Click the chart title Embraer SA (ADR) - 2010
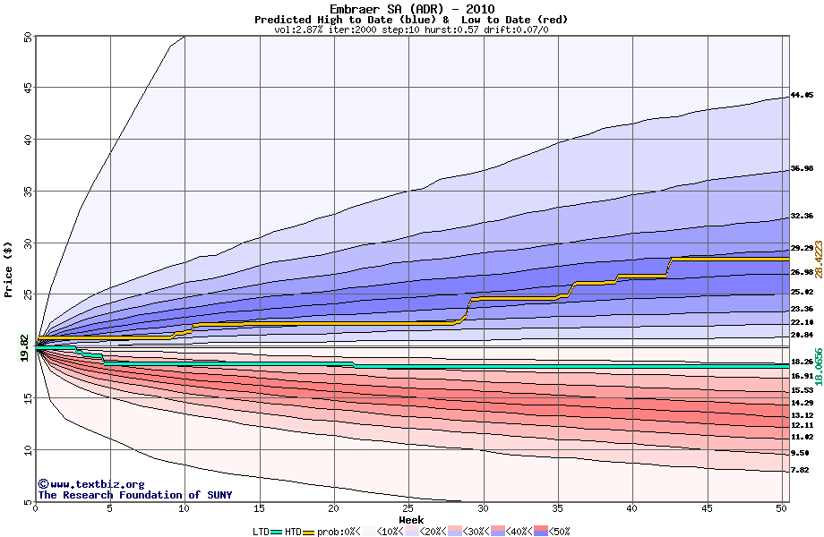coord(411,9)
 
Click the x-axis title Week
coord(411,519)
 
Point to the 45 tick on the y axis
coord(27,88)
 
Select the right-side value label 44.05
coord(802,95)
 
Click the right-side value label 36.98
coord(802,168)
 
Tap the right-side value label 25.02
coord(802,292)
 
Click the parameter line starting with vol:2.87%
coord(411,30)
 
